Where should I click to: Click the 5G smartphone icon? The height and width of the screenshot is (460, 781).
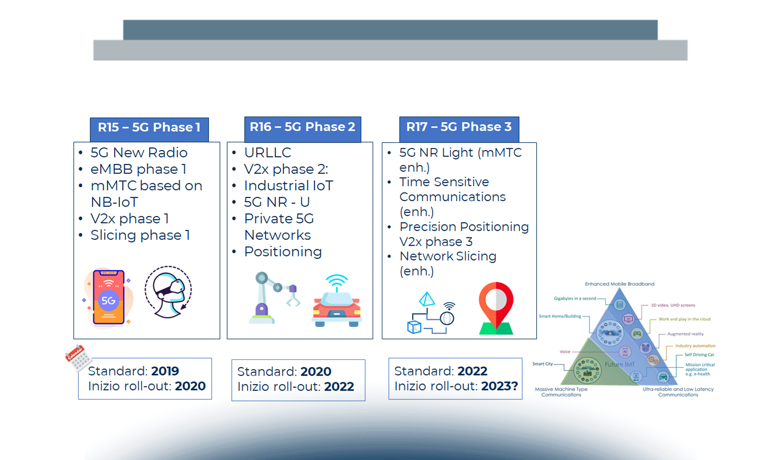pos(108,297)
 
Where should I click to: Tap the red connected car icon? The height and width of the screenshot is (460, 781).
pos(337,301)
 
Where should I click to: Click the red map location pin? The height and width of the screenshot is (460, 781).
pos(496,308)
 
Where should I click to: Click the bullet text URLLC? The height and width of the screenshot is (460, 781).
pos(268,153)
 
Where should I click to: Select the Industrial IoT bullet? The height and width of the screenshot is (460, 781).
pos(289,186)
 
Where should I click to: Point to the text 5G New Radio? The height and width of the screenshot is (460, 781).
pos(139,153)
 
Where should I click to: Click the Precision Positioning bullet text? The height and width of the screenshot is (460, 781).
pos(464,227)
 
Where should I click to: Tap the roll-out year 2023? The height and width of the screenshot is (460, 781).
pos(500,386)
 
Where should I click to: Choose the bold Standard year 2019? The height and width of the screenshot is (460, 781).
pos(165,371)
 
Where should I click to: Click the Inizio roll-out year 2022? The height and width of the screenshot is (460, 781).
pos(339,386)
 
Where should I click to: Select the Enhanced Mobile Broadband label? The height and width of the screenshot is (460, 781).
pos(619,284)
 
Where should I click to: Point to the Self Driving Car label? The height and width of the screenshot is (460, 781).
pos(699,355)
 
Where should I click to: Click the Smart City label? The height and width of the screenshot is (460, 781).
pos(542,364)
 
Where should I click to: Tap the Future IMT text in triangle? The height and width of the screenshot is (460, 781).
pos(619,364)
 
